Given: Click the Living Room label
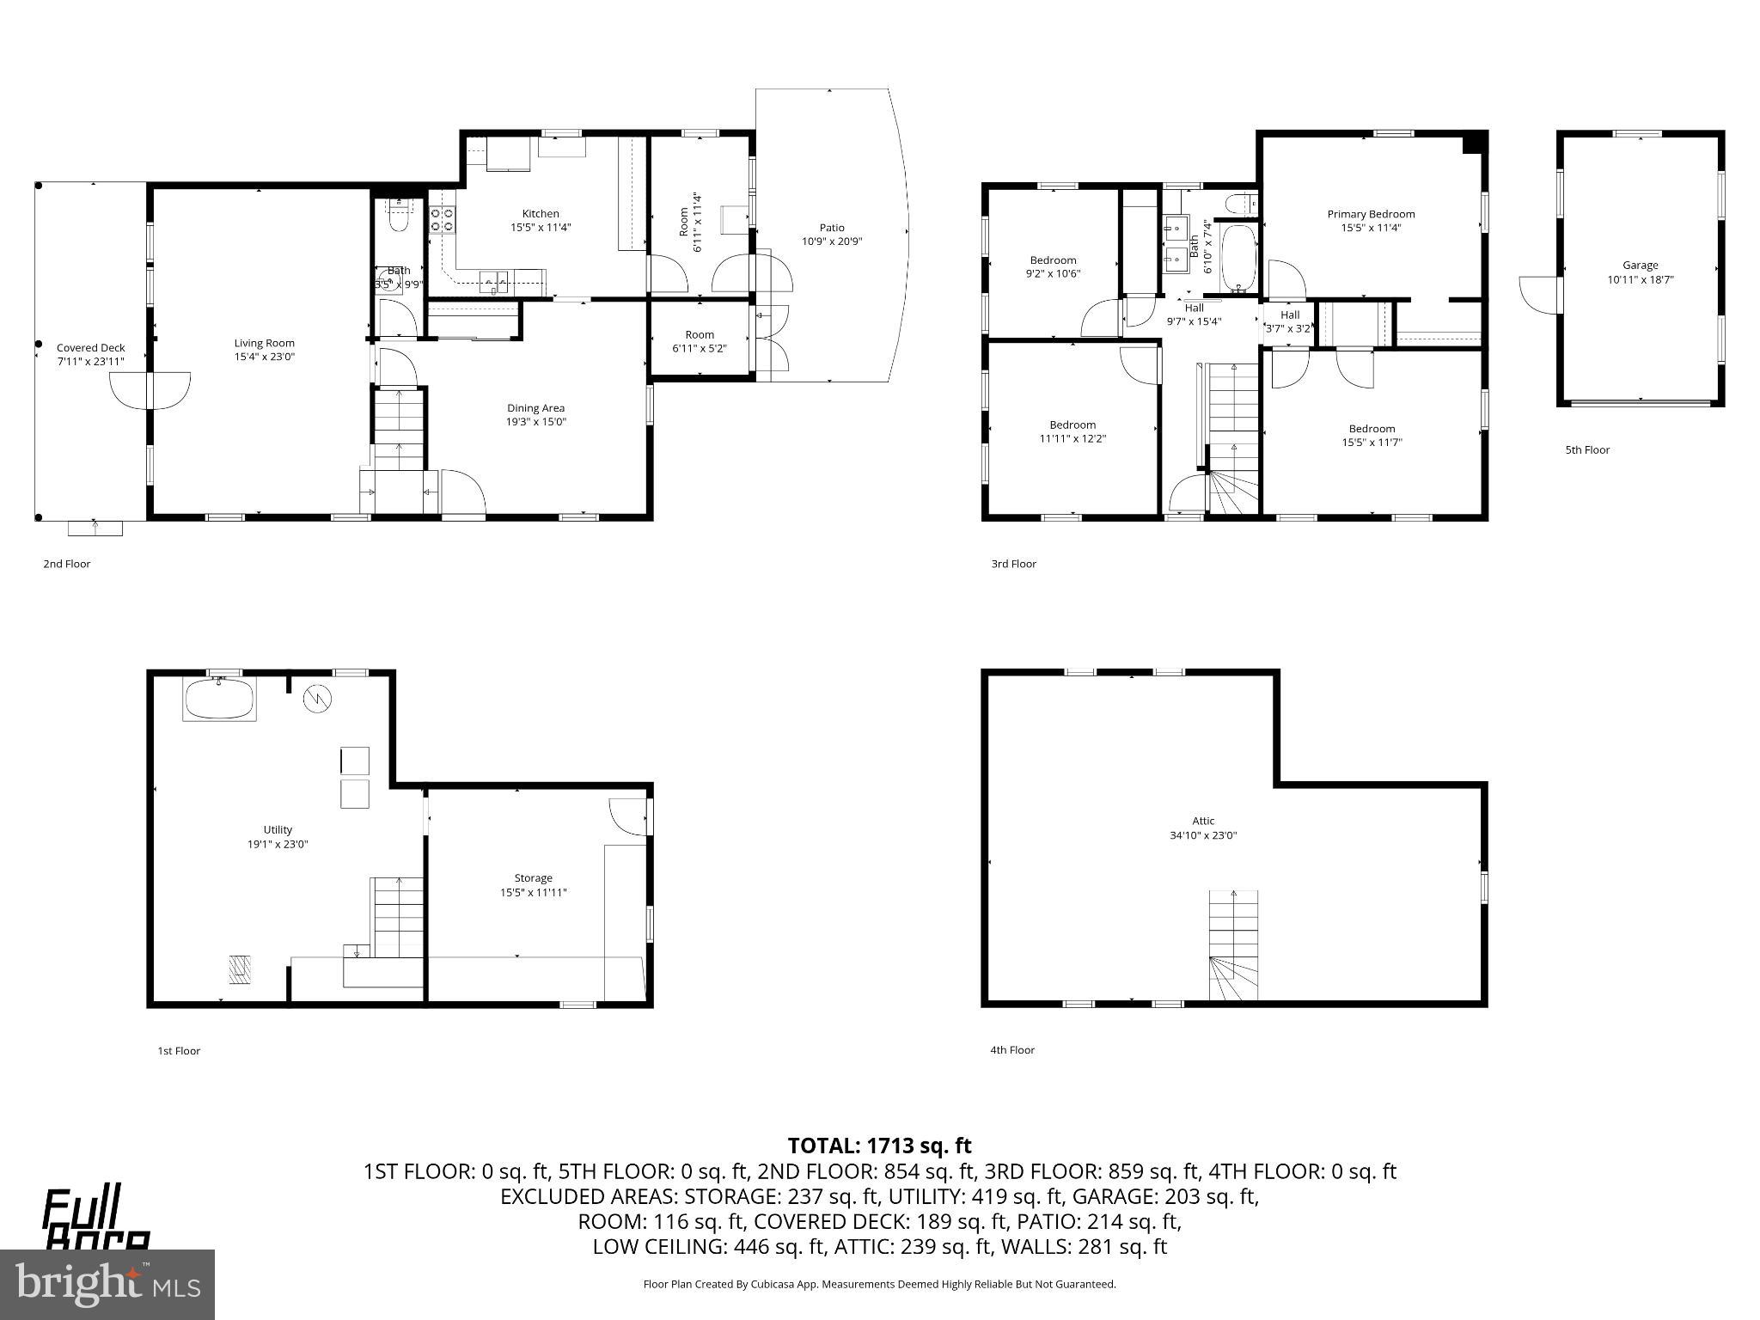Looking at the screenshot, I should click(x=264, y=343).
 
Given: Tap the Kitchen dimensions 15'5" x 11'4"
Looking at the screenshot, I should click(x=541, y=228).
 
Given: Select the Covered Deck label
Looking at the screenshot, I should click(x=90, y=348).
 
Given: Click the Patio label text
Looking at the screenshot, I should click(x=831, y=228).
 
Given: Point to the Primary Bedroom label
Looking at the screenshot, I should click(x=1371, y=214).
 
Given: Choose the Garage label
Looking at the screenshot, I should click(x=1640, y=266).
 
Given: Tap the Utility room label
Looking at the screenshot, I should click(x=278, y=829).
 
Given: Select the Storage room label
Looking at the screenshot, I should click(x=533, y=877).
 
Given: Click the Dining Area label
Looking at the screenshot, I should click(x=535, y=408).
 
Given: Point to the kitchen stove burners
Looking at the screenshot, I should click(x=442, y=219).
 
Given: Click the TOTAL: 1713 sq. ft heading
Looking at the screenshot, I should click(x=879, y=1146).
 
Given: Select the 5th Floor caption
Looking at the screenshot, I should click(x=1586, y=449).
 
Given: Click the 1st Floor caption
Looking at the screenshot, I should click(x=179, y=1050).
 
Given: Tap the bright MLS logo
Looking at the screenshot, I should click(x=107, y=1284).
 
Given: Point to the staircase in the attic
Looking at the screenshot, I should click(x=1233, y=945).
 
